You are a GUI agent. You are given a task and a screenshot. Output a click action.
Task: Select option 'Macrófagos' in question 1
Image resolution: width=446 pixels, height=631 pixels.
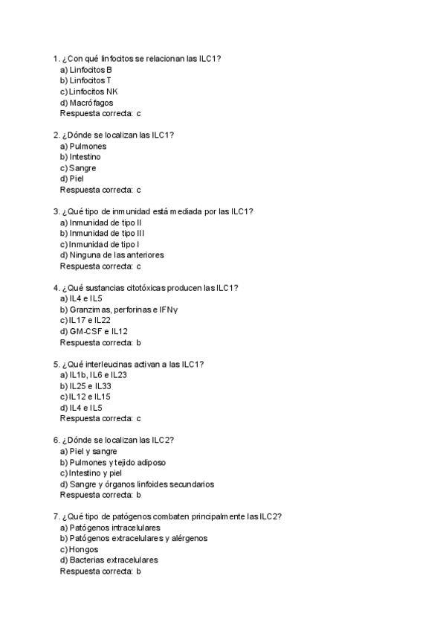tap(91, 103)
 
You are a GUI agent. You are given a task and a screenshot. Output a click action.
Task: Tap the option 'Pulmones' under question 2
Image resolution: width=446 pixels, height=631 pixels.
tap(88, 147)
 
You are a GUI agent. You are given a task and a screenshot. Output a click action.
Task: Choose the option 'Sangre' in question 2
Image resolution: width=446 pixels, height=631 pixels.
tap(83, 168)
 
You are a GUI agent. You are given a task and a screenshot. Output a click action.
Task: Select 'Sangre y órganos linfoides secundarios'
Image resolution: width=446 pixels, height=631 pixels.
tap(141, 484)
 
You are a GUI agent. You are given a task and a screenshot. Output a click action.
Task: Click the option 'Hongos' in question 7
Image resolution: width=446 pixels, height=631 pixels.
tap(84, 549)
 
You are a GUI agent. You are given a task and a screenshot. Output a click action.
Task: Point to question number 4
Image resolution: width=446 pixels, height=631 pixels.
tap(56, 288)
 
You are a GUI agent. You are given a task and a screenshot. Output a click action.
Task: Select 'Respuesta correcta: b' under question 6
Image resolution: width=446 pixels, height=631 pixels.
tap(100, 495)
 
